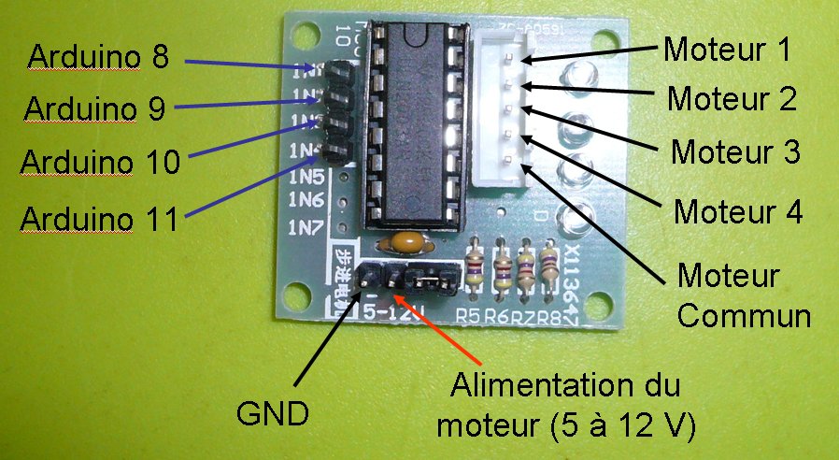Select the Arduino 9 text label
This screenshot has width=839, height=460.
coord(95,108)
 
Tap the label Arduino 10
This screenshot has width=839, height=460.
coord(100,162)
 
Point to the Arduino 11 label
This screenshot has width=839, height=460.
coord(100,219)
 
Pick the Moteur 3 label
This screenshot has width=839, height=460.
coord(736,151)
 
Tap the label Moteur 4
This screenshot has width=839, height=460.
coord(738,211)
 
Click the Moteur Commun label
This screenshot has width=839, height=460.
coord(742,295)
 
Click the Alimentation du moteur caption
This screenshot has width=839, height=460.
coord(566,405)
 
